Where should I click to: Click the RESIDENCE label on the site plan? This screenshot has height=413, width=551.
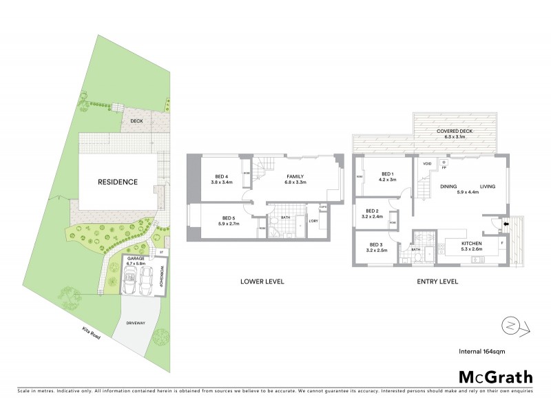(117, 182)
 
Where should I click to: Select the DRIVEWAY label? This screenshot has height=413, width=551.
(136, 323)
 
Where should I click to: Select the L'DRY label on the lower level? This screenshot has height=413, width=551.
(313, 220)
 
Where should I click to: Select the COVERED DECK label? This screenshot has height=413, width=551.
(455, 134)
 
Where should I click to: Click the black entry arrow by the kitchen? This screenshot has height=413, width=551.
(506, 222)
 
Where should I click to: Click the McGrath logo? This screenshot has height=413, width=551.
(495, 377)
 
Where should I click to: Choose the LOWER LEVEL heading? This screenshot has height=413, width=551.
(262, 282)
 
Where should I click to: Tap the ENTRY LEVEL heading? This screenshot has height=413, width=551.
(437, 282)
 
